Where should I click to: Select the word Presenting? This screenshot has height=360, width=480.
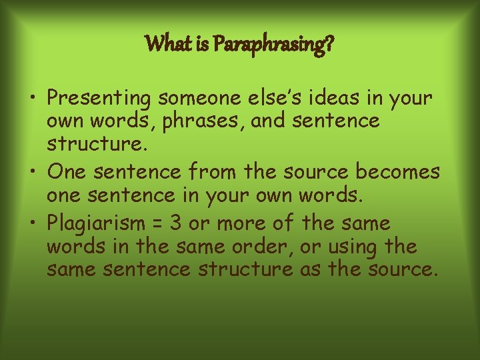(x=100, y=99)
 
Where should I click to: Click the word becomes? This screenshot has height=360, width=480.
(x=397, y=172)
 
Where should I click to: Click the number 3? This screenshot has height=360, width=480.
(x=175, y=223)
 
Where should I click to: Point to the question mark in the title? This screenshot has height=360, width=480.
(x=329, y=45)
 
